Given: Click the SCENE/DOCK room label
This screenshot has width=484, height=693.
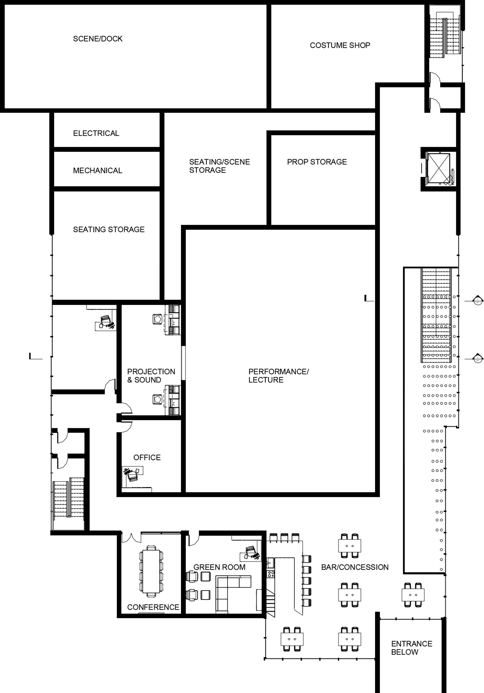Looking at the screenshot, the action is [x=98, y=39].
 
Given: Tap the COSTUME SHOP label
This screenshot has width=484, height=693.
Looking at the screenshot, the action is [x=340, y=45].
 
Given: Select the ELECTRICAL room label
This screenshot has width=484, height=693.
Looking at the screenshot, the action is [x=96, y=133].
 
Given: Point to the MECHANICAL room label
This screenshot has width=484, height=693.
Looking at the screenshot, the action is [x=97, y=171].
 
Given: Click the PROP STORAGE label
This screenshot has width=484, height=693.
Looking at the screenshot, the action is [x=317, y=162].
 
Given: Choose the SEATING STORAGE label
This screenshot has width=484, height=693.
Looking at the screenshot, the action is [x=109, y=229].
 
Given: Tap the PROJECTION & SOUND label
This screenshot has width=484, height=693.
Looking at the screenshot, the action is [x=151, y=375].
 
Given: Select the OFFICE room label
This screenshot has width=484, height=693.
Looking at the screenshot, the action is [x=147, y=457].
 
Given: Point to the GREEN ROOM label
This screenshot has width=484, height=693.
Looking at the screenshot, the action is [x=219, y=567].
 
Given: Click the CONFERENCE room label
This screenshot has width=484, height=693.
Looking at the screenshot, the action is [x=153, y=607].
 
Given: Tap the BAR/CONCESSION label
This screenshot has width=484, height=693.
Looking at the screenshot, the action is [x=355, y=567].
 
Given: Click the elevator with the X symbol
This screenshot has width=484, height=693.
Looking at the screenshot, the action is [x=439, y=168].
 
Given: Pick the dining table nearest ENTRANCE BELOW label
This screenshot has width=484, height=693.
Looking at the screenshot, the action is [x=413, y=595].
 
